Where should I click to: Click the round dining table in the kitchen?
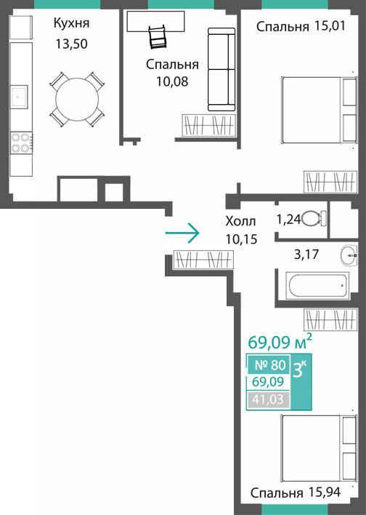[77, 99]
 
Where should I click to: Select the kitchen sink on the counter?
[19, 97]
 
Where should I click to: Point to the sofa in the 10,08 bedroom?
[221, 69]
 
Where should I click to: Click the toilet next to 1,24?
[314, 219]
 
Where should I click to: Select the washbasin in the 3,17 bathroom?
[349, 255]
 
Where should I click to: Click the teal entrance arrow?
[182, 233]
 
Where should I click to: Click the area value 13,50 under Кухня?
[71, 44]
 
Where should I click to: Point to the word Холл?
[240, 221]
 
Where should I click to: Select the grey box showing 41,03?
[268, 400]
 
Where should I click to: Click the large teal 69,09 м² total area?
[280, 342]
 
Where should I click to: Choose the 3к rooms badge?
[300, 370]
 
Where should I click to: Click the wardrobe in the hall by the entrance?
[203, 260]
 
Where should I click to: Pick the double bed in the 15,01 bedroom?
[319, 110]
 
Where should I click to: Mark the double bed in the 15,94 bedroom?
[319, 448]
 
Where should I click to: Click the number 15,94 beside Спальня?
[325, 492]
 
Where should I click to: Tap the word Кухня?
[71, 24]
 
